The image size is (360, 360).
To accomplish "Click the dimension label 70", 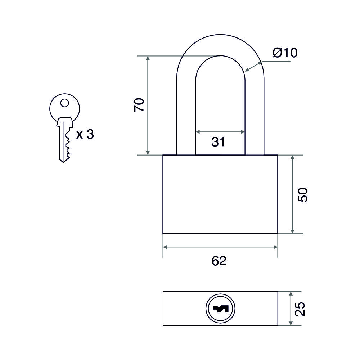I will (139, 104).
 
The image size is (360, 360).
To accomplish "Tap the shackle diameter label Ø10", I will (285, 53).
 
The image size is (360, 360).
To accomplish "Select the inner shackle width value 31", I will (218, 142).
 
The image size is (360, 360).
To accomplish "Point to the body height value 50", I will (303, 194).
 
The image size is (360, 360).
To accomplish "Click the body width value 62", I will (219, 261).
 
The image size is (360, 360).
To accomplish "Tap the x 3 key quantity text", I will (85, 135).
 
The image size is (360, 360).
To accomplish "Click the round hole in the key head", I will (64, 103).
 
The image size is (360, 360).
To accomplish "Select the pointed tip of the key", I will (63, 161).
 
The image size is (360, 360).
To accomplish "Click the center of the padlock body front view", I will (220, 194).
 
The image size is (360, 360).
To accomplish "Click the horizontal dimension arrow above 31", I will (220, 132).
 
